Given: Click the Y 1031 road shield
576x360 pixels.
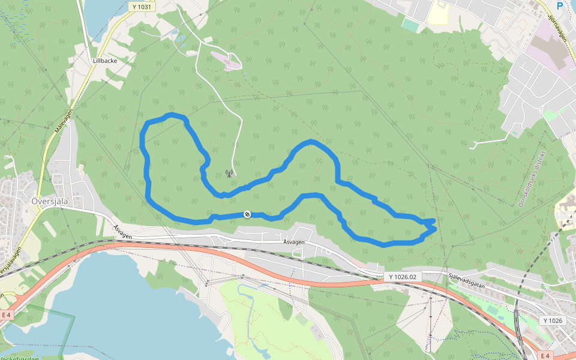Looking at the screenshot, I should pos(140,6).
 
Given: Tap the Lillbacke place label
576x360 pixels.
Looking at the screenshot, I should pos(105,61).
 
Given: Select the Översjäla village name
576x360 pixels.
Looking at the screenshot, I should pos(50,202).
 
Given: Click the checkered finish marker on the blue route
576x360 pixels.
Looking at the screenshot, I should pos(247,214).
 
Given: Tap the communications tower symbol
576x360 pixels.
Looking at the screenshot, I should pos(229,173).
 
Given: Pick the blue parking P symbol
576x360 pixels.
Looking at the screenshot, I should pos(560,6).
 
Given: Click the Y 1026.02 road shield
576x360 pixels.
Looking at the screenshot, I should pos(402,277).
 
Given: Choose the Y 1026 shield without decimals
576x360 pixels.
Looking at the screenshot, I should pos(553,320).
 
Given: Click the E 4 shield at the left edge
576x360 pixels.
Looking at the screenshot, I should pos(7,314).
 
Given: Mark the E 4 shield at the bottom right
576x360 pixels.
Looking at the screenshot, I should pos(545,356).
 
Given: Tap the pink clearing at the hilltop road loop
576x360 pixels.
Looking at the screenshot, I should pos(228,62).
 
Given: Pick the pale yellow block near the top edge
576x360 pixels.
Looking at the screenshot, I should pos(438,13).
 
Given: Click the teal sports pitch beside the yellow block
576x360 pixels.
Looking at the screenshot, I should pos(412,25).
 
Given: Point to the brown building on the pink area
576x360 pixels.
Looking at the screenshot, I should pos(555,51).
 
